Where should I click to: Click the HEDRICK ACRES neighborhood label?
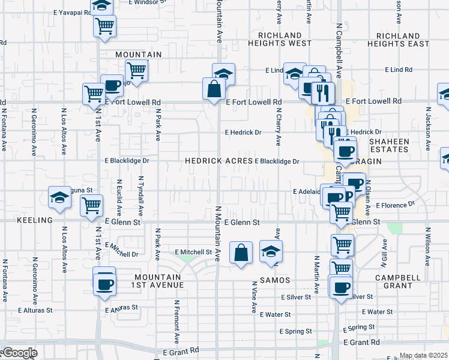(x=218, y=161)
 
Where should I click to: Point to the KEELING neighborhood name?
(x=35, y=221)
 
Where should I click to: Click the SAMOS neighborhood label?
(x=275, y=280)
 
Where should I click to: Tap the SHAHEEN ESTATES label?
(x=397, y=146)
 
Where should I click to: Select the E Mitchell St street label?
(x=193, y=252)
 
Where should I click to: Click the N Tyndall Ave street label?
(x=141, y=196)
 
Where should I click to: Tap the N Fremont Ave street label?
(x=177, y=317)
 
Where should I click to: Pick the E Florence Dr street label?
(x=395, y=205)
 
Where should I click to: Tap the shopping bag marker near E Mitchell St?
(x=241, y=252)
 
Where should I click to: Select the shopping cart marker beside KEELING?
(x=91, y=206)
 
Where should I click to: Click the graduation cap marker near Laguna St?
(x=60, y=197)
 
